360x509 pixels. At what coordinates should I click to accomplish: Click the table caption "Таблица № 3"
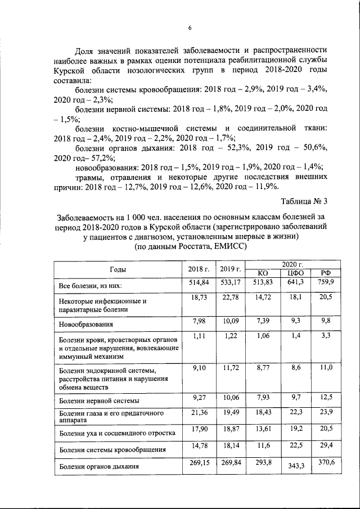tap(303, 201)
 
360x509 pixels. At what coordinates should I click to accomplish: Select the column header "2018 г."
tap(197, 268)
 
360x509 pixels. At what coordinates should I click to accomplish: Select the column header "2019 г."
tap(230, 268)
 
